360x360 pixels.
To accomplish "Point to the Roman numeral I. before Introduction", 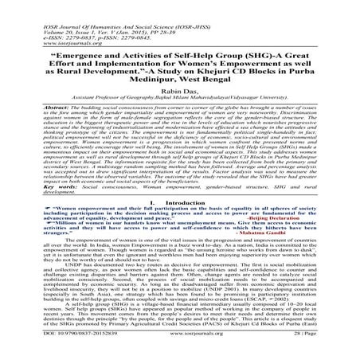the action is pyautogui.click(x=152, y=202).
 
